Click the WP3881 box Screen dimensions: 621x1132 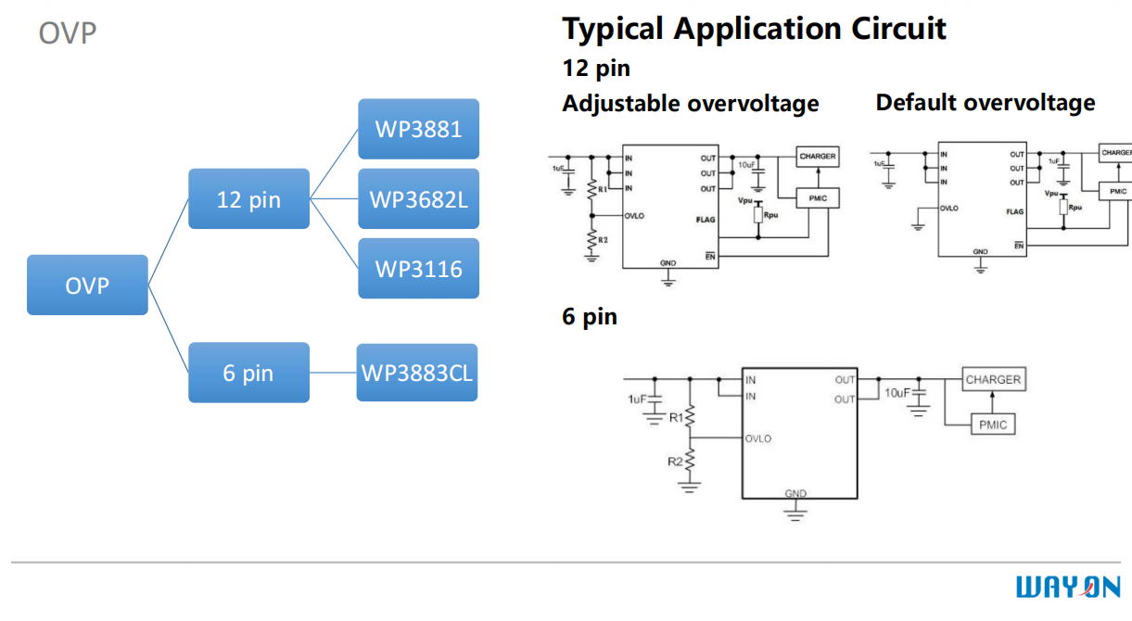click(x=418, y=129)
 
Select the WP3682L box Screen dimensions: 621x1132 click(x=418, y=198)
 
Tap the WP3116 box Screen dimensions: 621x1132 click(x=418, y=269)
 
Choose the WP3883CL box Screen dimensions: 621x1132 click(x=416, y=373)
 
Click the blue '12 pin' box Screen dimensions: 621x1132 click(x=248, y=199)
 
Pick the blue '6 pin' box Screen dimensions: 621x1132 click(x=248, y=373)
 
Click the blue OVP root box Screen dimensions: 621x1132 click(x=87, y=285)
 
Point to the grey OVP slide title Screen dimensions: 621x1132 click(x=68, y=34)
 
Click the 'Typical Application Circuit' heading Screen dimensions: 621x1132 click(x=754, y=29)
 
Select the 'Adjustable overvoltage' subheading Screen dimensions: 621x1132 click(x=690, y=103)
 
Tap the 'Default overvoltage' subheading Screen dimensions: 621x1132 click(x=985, y=102)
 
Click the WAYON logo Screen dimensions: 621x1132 click(x=1068, y=587)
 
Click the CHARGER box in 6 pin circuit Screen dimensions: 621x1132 click(x=992, y=380)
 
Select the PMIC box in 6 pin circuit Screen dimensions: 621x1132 click(x=992, y=425)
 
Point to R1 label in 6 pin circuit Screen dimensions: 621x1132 click(x=676, y=418)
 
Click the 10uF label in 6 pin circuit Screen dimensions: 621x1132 click(x=897, y=393)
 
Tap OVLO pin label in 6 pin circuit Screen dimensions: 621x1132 click(x=758, y=438)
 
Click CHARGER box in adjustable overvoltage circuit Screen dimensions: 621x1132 click(x=817, y=157)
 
